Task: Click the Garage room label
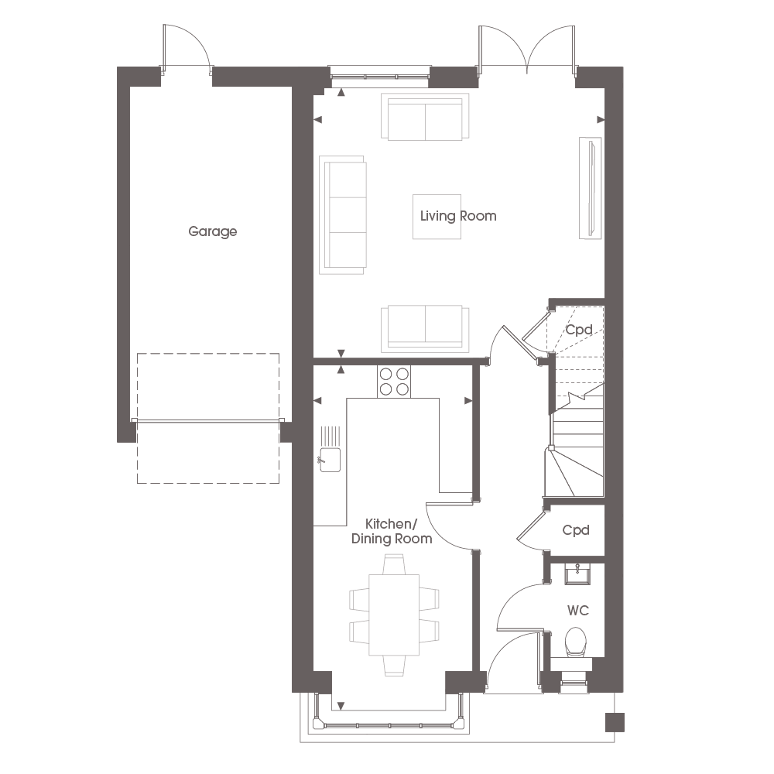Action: pyautogui.click(x=213, y=231)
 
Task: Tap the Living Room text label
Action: pyautogui.click(x=458, y=216)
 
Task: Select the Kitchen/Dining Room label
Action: pyautogui.click(x=392, y=531)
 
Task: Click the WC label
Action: pyautogui.click(x=578, y=611)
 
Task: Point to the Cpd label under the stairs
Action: pyautogui.click(x=578, y=329)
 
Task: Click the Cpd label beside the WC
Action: pyautogui.click(x=576, y=530)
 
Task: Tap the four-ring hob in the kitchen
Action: pyautogui.click(x=394, y=381)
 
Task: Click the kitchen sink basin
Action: pyautogui.click(x=330, y=460)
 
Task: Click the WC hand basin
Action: pyautogui.click(x=577, y=574)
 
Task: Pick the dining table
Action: pyautogui.click(x=394, y=615)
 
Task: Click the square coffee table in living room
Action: pyautogui.click(x=437, y=217)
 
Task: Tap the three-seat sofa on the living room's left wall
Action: pyautogui.click(x=343, y=215)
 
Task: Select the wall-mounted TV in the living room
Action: pyautogui.click(x=591, y=188)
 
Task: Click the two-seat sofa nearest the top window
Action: pyautogui.click(x=425, y=117)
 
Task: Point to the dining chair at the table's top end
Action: pyautogui.click(x=394, y=564)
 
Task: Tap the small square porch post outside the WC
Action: pyautogui.click(x=615, y=722)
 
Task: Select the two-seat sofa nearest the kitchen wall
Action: pyautogui.click(x=425, y=329)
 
